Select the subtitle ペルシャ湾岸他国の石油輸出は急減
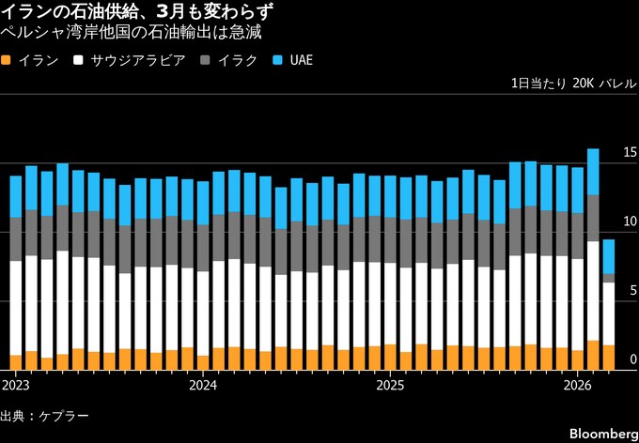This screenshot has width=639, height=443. click(x=132, y=32)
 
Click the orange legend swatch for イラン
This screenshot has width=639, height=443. click(x=8, y=60)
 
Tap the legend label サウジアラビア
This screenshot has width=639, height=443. click(x=131, y=60)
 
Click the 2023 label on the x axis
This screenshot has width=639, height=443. click(x=16, y=385)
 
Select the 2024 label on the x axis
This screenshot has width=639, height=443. click(x=203, y=385)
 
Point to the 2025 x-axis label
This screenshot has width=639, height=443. click(x=390, y=385)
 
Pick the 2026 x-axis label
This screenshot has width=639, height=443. click(x=577, y=385)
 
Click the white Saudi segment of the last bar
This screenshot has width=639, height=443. click(x=609, y=313)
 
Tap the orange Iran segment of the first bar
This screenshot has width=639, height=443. click(x=16, y=362)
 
